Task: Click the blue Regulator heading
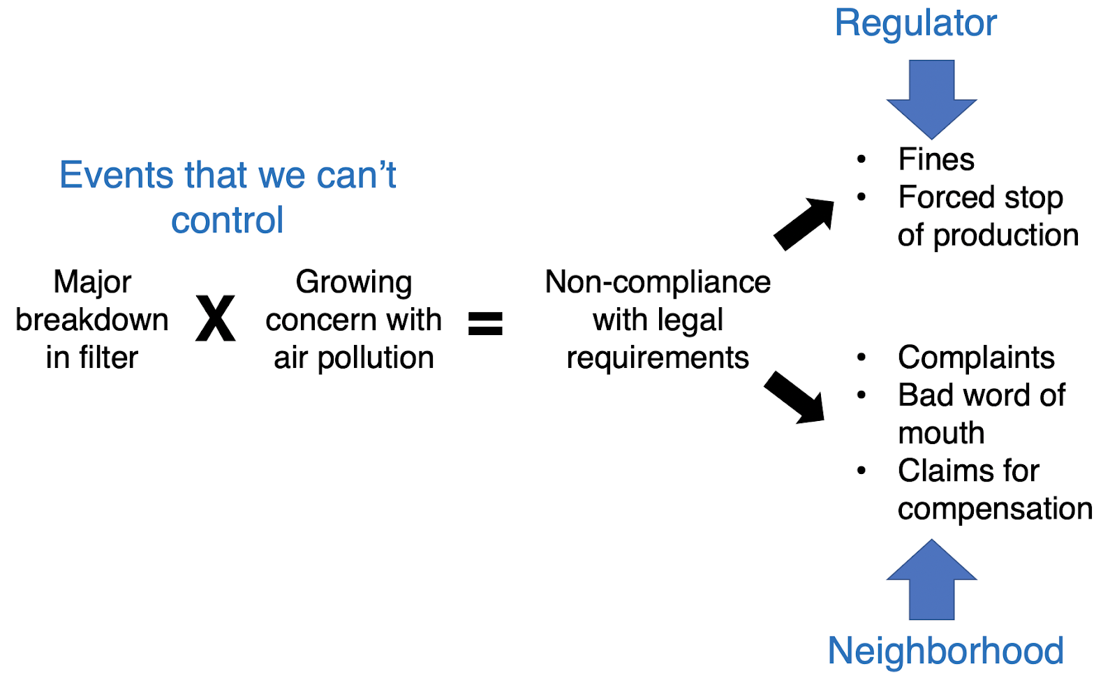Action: coord(915,24)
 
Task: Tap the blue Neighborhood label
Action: coord(945,651)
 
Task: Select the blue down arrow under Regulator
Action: coord(931,98)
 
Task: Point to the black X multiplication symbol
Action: coord(215,319)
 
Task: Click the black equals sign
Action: coord(485,323)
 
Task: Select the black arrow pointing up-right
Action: coord(805,223)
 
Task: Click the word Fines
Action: coord(935,160)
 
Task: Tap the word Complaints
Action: coord(976,357)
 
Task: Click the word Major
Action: coord(92,283)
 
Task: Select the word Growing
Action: coord(353,282)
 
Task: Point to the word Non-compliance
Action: coord(658,282)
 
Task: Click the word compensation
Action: coord(995,509)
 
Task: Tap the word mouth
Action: coord(941,433)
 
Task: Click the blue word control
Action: coord(227,221)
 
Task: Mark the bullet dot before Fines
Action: coord(861,160)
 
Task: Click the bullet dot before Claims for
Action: coord(861,471)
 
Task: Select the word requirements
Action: coord(658,358)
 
